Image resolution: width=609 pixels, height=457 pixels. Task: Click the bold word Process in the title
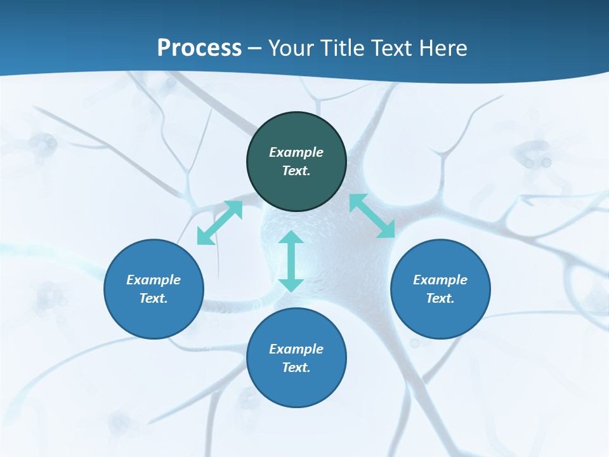click(x=199, y=48)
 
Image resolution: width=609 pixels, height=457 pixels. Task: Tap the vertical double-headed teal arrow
click(x=291, y=261)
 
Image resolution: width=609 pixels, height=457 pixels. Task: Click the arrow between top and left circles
click(x=219, y=223)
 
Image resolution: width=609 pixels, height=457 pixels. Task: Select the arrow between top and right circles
click(x=372, y=216)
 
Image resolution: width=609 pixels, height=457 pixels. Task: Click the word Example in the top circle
click(x=296, y=152)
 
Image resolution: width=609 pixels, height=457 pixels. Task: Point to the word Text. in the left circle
click(x=154, y=298)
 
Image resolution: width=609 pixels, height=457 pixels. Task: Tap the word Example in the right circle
click(x=440, y=280)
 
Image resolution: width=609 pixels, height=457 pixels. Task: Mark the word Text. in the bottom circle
click(x=296, y=368)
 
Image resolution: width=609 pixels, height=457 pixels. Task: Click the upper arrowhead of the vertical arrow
click(x=291, y=239)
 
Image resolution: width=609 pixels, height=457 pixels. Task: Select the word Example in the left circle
click(x=154, y=280)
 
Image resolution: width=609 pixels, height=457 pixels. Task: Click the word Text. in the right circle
click(x=440, y=298)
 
